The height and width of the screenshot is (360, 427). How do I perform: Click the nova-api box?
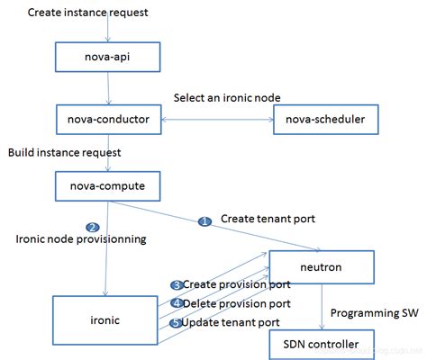(x=108, y=58)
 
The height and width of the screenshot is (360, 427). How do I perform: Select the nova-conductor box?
(x=108, y=118)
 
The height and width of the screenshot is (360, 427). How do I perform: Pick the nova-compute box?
(x=108, y=186)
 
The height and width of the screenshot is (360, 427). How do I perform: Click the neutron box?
(x=322, y=267)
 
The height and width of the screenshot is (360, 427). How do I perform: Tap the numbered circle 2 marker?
(x=92, y=227)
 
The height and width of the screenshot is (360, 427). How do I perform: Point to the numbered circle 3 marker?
(x=177, y=284)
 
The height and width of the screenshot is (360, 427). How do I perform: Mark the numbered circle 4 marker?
(x=177, y=303)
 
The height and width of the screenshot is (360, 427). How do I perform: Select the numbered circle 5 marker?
(x=177, y=322)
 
